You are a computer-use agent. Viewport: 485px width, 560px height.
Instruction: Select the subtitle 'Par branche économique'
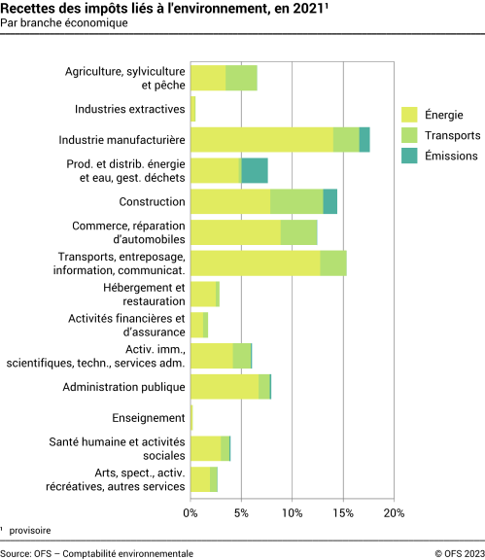(64, 24)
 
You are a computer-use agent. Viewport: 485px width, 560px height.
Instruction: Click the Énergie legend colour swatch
(409, 115)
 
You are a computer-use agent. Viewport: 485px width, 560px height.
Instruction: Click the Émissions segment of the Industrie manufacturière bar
(364, 140)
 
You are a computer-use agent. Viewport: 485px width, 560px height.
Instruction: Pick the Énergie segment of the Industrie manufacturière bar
(261, 140)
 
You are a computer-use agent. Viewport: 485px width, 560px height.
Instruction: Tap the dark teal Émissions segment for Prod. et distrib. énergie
(255, 171)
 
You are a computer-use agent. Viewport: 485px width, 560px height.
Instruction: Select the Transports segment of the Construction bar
(296, 202)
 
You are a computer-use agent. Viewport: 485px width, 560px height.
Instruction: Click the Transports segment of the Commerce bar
(299, 232)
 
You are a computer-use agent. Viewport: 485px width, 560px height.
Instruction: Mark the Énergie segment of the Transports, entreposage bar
(255, 263)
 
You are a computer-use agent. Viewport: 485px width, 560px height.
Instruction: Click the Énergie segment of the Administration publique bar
(225, 387)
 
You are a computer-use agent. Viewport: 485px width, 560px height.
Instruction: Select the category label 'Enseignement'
(149, 418)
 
